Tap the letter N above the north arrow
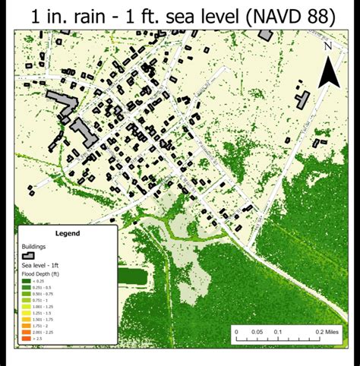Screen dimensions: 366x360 click(328, 46)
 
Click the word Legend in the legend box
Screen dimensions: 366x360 click(67, 234)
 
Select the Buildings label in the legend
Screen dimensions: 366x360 click(34, 247)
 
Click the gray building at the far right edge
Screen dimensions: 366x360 click(303, 99)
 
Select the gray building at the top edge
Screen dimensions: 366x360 click(266, 34)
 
